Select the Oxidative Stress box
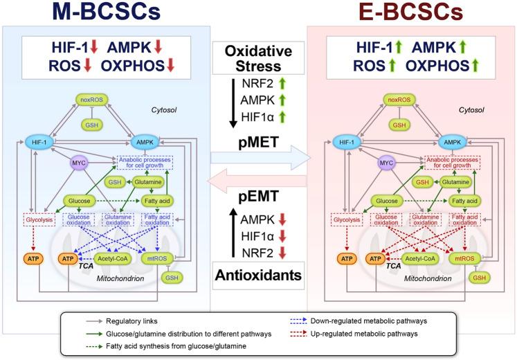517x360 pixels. click(257, 57)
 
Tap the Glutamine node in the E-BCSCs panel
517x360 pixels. click(459, 181)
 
